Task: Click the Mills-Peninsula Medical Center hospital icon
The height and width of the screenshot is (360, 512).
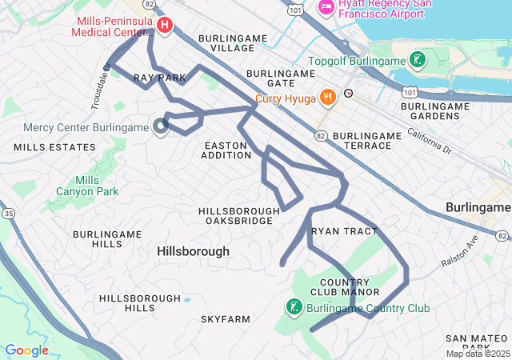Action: click(165, 26)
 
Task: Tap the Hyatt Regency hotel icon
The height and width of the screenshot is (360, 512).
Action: click(326, 8)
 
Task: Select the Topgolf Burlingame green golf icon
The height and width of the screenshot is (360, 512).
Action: click(417, 60)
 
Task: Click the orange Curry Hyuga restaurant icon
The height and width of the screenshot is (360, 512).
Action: click(326, 98)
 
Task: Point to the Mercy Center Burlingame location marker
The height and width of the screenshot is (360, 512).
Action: click(161, 126)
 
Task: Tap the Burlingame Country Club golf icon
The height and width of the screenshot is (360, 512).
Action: click(294, 307)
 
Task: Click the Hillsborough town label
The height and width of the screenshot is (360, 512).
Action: click(193, 251)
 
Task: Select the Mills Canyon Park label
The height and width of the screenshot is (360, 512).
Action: click(87, 186)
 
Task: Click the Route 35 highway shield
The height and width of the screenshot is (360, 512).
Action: click(8, 214)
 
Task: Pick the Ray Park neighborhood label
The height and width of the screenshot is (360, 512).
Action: click(159, 78)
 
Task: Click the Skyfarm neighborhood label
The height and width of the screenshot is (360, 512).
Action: click(225, 319)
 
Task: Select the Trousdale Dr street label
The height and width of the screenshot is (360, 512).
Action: click(100, 86)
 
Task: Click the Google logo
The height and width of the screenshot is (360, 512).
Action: click(26, 350)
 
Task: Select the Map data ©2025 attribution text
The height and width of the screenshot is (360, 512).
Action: click(478, 354)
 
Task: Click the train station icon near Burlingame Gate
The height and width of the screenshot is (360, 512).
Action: click(348, 94)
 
